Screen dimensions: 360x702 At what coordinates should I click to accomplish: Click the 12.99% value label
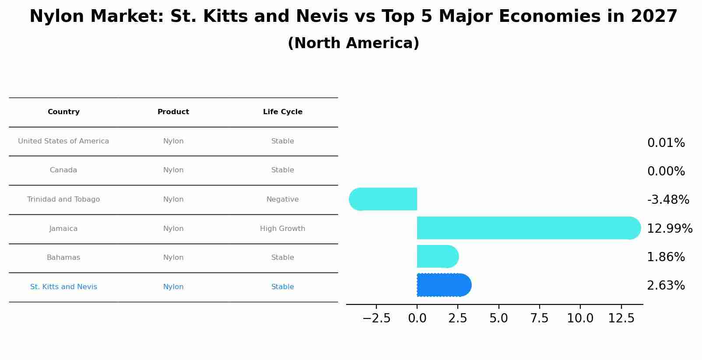pyautogui.click(x=669, y=229)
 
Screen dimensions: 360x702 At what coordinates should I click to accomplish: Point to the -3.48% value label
pyautogui.click(x=668, y=200)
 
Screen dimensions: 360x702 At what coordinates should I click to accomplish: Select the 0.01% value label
pyautogui.click(x=666, y=143)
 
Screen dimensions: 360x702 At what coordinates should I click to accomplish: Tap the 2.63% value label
pyautogui.click(x=666, y=286)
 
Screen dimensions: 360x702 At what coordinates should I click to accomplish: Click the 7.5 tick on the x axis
pyautogui.click(x=539, y=318)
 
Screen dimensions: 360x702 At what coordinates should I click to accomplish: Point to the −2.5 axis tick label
pyautogui.click(x=376, y=318)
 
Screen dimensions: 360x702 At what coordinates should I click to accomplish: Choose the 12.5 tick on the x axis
pyautogui.click(x=621, y=318)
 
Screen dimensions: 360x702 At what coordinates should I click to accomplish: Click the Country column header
pyautogui.click(x=63, y=112)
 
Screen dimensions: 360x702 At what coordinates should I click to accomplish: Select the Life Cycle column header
pyautogui.click(x=282, y=112)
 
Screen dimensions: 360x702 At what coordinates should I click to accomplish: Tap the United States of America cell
pyautogui.click(x=63, y=141)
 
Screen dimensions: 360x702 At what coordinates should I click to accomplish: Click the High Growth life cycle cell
pyautogui.click(x=282, y=229)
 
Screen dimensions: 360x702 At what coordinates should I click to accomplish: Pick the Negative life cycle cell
pyautogui.click(x=282, y=199)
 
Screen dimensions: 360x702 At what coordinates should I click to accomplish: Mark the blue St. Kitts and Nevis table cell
pyautogui.click(x=63, y=287)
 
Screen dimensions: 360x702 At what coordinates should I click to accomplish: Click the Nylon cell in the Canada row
pyautogui.click(x=173, y=170)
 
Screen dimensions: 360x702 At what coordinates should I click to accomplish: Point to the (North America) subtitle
pyautogui.click(x=353, y=43)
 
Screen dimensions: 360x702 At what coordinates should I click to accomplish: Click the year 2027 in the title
pyautogui.click(x=654, y=17)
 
